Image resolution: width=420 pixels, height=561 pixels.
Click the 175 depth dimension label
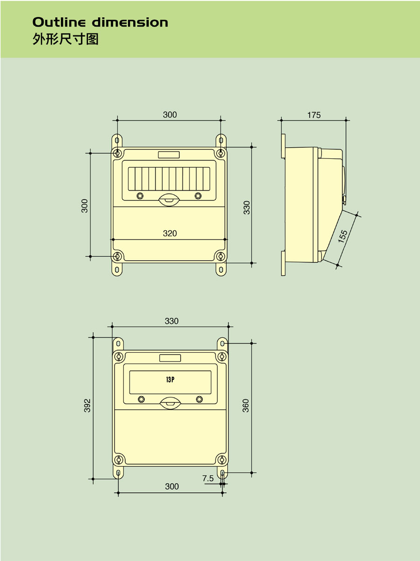(x=314, y=115)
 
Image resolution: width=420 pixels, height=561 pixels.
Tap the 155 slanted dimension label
(x=343, y=236)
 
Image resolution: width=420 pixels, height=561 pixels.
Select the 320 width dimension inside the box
(x=170, y=233)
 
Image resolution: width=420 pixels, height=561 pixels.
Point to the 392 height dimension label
(x=87, y=405)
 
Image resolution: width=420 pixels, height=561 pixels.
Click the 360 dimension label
(x=245, y=405)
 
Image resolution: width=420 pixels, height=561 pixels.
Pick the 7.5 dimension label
(x=208, y=478)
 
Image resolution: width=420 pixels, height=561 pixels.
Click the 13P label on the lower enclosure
(x=170, y=380)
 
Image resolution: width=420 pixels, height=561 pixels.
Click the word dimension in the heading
(x=130, y=22)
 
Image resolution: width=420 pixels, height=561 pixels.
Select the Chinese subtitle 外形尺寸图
(x=65, y=39)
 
